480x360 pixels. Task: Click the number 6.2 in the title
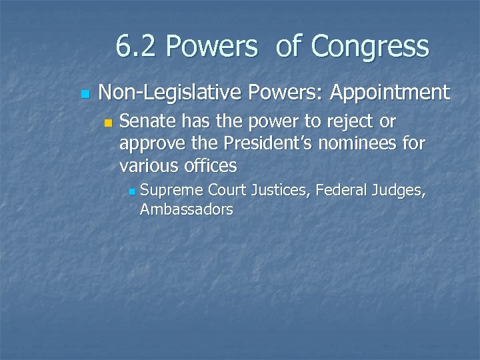(137, 47)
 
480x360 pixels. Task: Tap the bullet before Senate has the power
(109, 123)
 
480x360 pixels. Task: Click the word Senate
(148, 123)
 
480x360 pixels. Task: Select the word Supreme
(171, 191)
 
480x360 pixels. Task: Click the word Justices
(281, 191)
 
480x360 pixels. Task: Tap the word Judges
(399, 191)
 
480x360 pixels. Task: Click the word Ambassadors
(187, 209)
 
